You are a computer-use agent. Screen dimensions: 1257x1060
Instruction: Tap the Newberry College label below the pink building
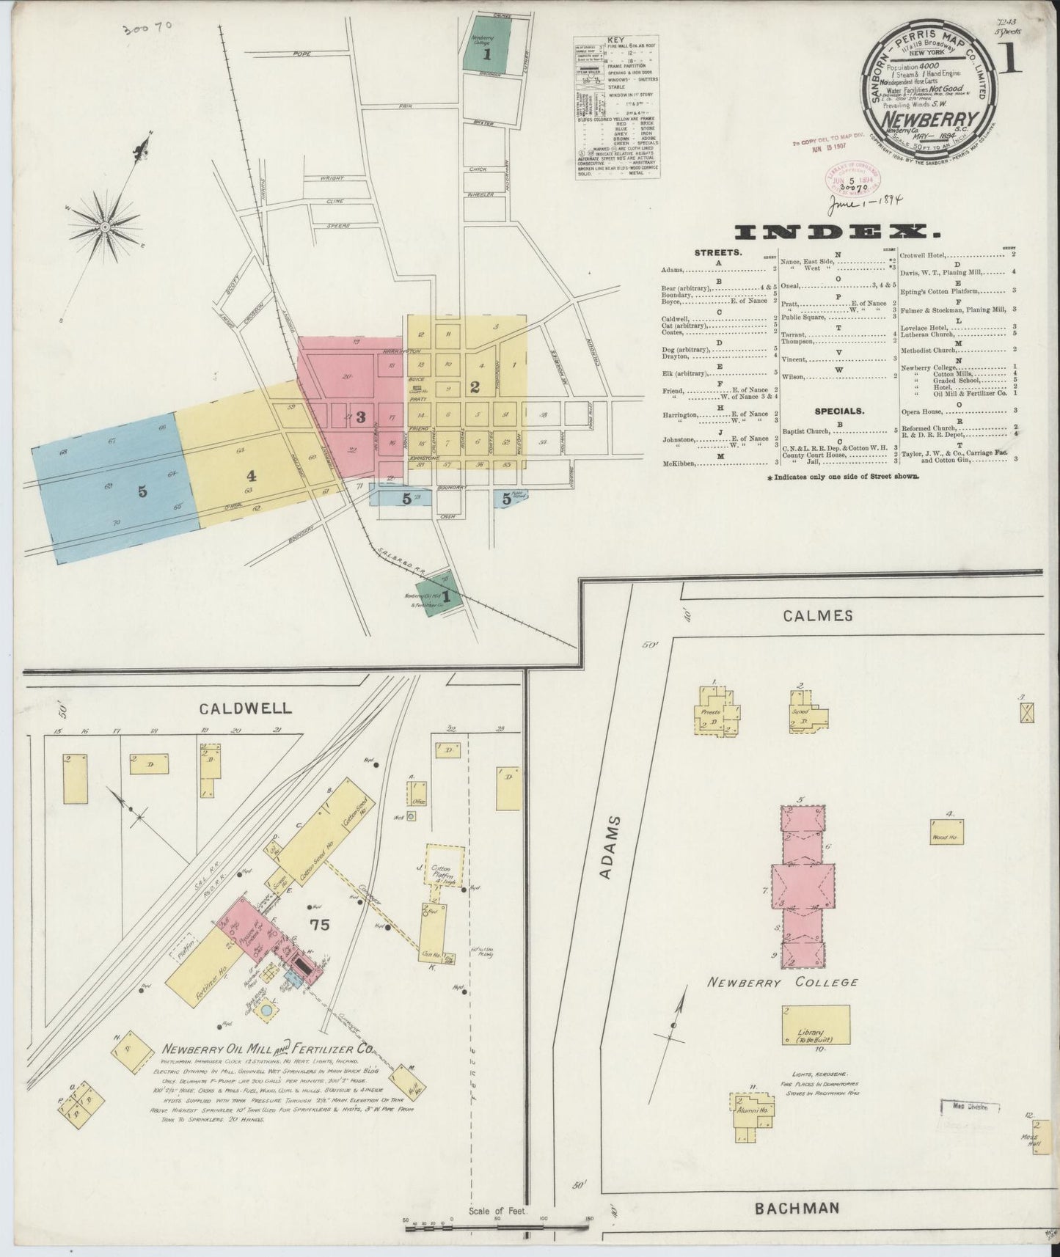(782, 982)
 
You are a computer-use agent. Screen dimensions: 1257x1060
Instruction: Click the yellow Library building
(816, 1025)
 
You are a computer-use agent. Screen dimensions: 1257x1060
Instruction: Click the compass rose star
(105, 227)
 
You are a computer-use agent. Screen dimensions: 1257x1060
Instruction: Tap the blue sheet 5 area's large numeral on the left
(143, 491)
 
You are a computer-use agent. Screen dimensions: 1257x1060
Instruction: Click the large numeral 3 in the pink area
(360, 417)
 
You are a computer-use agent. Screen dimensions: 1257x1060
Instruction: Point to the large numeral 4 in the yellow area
(252, 474)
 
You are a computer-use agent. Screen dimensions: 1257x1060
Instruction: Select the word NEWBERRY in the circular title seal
(929, 119)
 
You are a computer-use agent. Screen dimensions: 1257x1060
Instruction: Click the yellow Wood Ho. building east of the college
(947, 832)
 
